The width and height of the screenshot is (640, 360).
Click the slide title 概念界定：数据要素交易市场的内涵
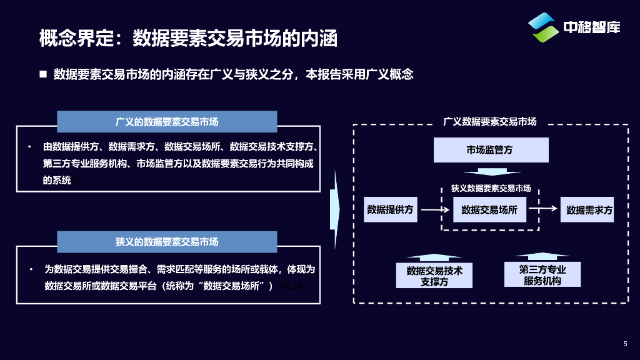(188, 38)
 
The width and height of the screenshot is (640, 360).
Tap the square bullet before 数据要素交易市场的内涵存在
(43, 74)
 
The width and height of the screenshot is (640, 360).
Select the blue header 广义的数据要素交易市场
(167, 122)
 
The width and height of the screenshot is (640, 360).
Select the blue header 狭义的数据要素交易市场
(167, 242)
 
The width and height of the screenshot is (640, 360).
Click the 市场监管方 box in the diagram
(491, 150)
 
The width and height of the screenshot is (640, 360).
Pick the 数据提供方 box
(390, 210)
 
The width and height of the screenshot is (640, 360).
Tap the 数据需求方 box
(589, 210)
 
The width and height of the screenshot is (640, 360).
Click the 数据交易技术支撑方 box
(434, 276)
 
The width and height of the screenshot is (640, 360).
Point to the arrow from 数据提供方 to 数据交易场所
(436, 210)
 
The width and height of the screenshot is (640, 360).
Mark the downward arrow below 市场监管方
(492, 172)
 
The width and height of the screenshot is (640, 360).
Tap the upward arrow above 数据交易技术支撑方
(434, 257)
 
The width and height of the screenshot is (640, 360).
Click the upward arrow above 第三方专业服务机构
(542, 256)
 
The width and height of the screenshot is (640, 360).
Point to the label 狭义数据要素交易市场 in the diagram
(491, 188)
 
